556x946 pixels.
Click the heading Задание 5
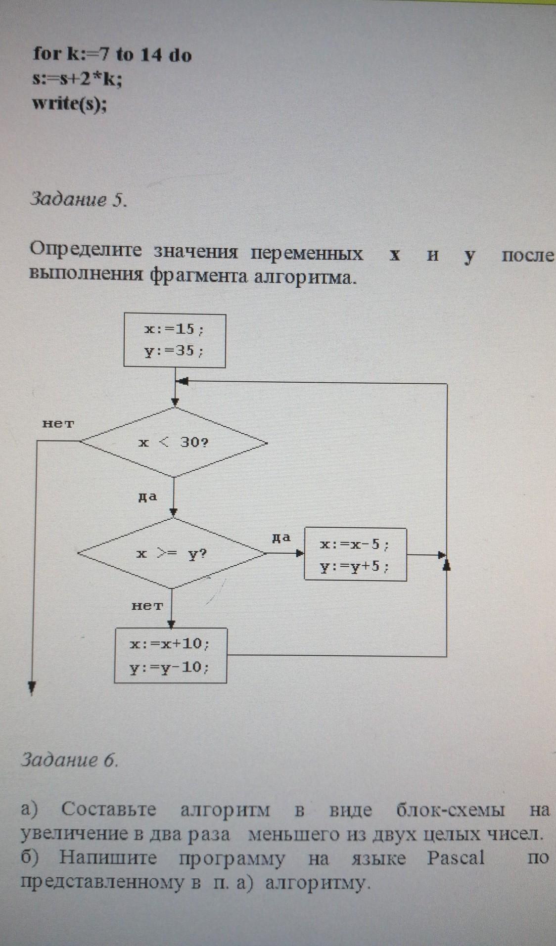tap(79, 199)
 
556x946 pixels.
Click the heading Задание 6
tap(70, 759)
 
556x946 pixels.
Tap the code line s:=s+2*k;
tap(77, 79)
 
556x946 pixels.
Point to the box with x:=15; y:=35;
tap(174, 340)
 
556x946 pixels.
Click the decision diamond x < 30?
tap(174, 442)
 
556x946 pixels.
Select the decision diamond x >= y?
tap(172, 553)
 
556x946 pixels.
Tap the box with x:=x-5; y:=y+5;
tap(355, 554)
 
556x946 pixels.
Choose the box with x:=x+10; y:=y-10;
tap(170, 655)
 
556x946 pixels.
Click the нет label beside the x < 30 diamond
tap(58, 424)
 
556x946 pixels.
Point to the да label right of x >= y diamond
tap(280, 538)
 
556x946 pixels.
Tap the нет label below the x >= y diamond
tap(147, 606)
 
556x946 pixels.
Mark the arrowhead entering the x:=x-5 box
tap(299, 553)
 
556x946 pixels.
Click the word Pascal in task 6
tap(456, 858)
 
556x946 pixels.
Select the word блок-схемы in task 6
tap(451, 810)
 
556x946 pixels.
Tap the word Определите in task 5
tap(86, 250)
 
